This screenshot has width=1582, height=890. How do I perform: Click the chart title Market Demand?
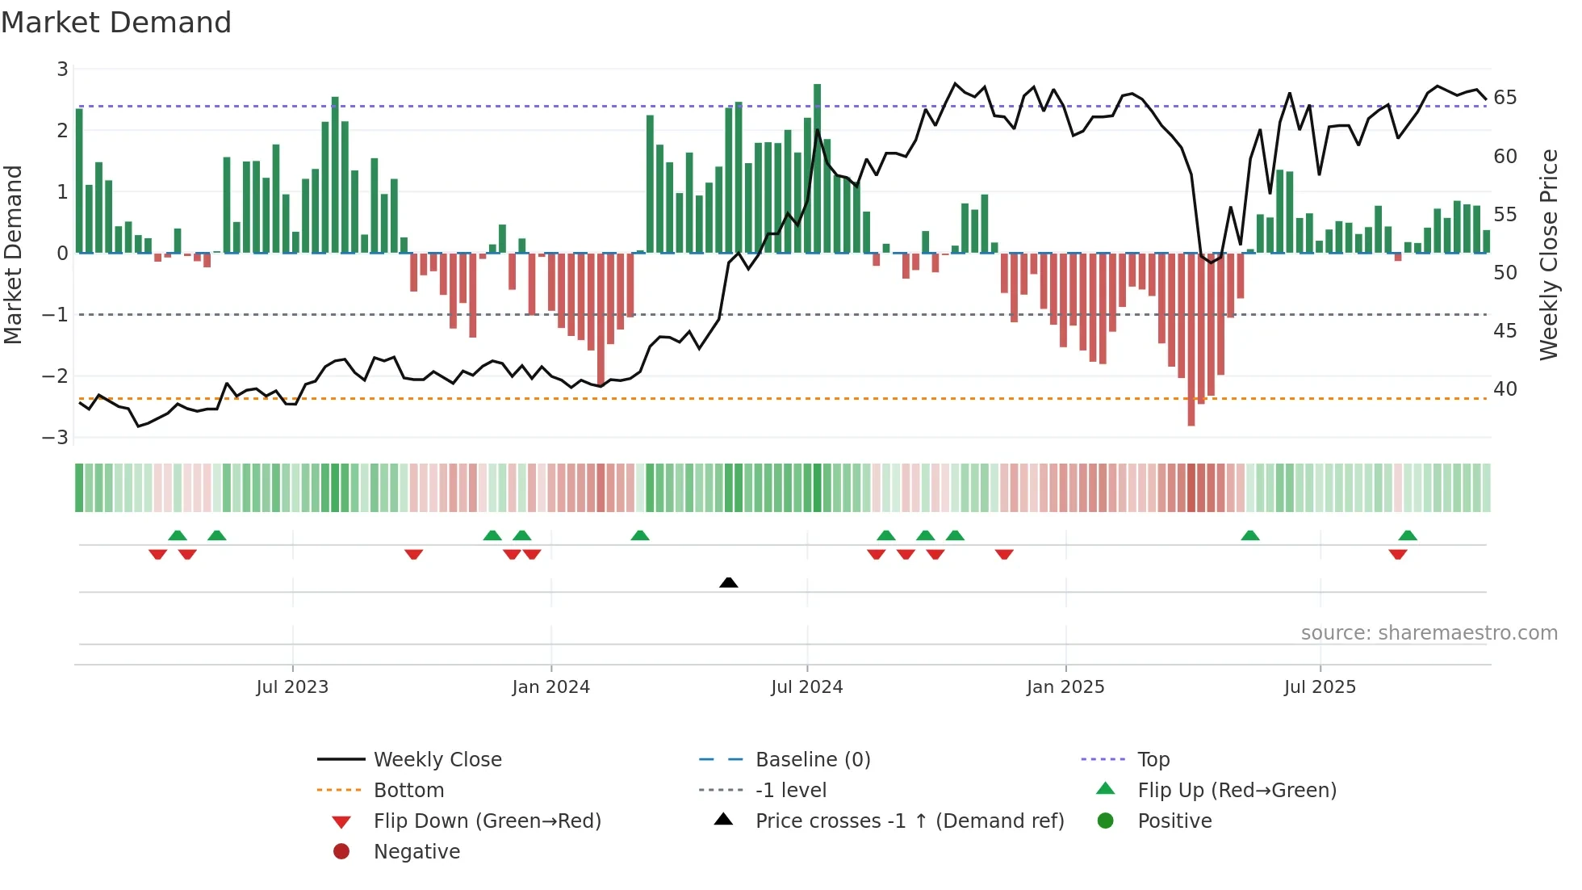[x=116, y=23]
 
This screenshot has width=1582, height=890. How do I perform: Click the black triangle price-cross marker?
[x=728, y=582]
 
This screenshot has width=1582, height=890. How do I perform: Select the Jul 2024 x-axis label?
[x=806, y=687]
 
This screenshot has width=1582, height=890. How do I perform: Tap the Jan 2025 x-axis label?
[x=1065, y=687]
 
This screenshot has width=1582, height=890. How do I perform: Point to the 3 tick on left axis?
[x=62, y=69]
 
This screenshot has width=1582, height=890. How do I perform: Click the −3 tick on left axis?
[x=56, y=437]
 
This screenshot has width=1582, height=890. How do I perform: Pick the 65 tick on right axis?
[x=1505, y=98]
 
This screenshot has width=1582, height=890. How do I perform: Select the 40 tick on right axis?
[x=1505, y=388]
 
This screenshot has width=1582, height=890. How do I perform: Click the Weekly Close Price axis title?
[x=1548, y=254]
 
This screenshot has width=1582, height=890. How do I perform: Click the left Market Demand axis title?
[x=14, y=254]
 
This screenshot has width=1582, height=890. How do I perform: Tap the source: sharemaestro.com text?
[x=1429, y=633]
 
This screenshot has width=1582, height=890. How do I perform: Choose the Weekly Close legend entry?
[x=437, y=759]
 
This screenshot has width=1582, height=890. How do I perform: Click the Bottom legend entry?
[x=408, y=790]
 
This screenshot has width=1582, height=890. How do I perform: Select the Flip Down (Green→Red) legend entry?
[x=487, y=821]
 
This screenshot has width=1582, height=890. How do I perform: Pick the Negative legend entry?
[x=416, y=851]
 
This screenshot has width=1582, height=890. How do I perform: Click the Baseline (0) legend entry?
[x=812, y=759]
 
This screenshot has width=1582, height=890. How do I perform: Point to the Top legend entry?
[x=1153, y=759]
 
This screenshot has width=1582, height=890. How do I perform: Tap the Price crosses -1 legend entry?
[x=909, y=821]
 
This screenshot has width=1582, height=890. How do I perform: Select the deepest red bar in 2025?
[x=1191, y=339]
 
